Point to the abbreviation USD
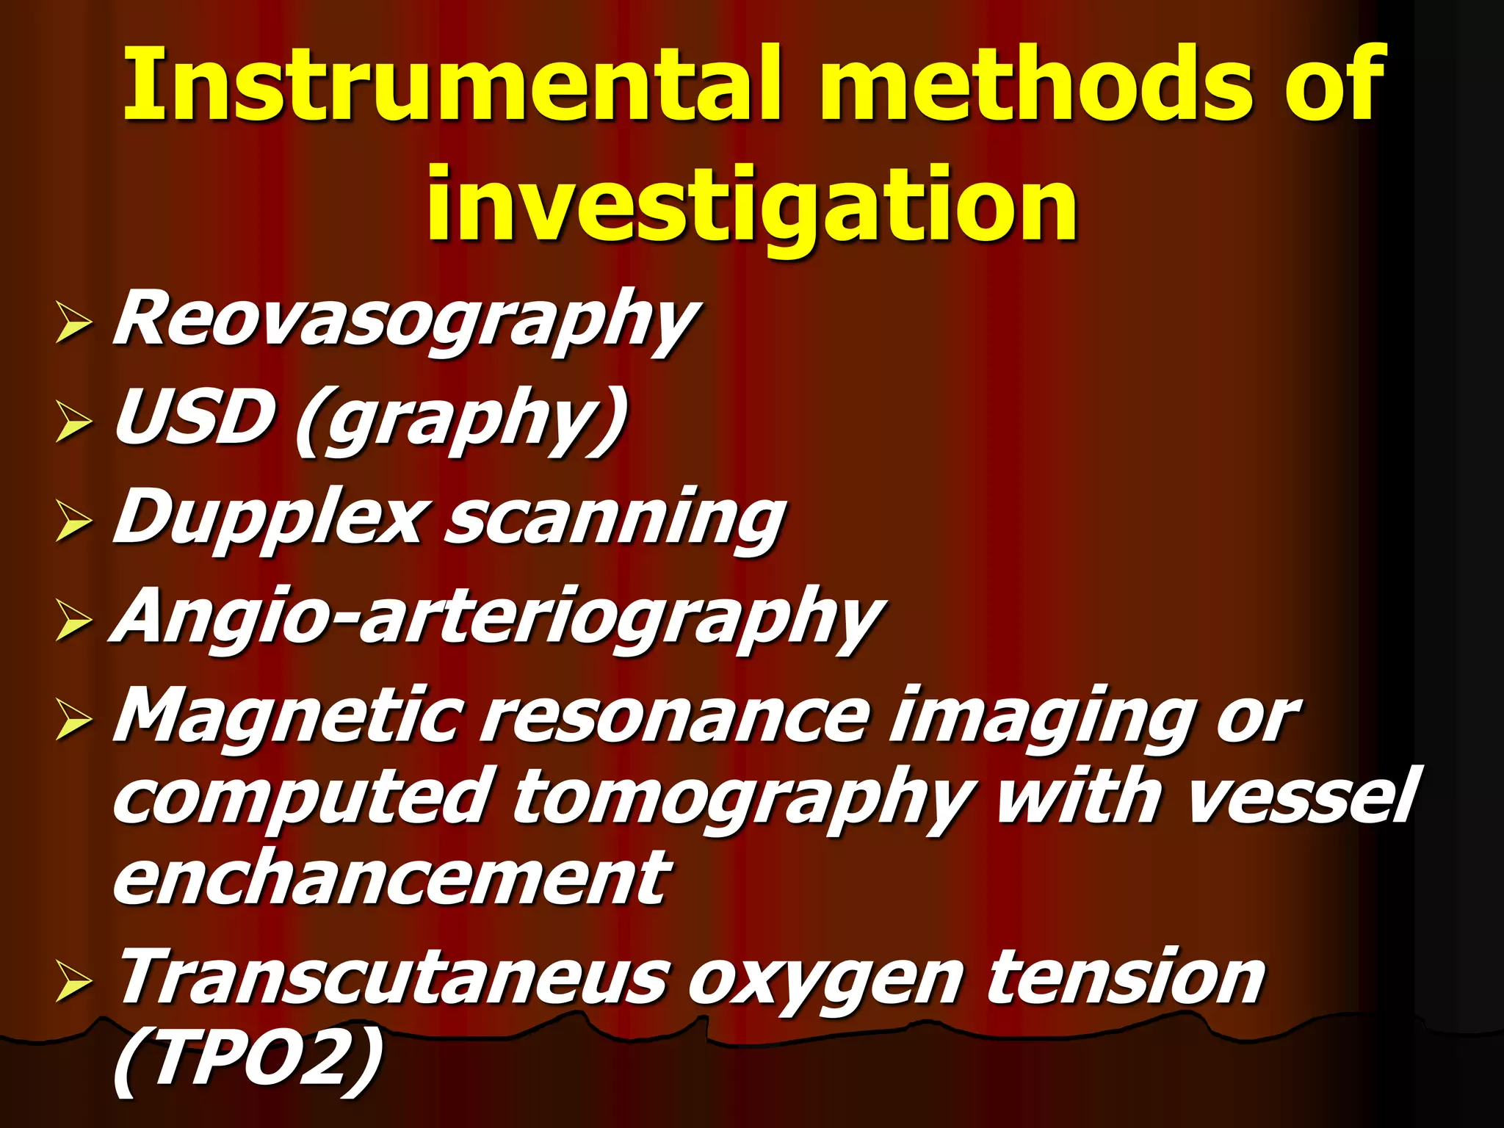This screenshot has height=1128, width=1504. (194, 419)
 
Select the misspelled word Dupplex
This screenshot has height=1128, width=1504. (269, 518)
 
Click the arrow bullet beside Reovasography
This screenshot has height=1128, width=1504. (73, 324)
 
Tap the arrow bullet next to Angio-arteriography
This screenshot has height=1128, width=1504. (73, 621)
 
